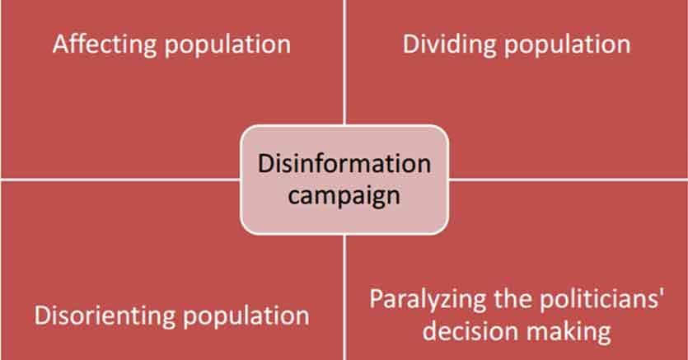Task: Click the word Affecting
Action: tap(105, 44)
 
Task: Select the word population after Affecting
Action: tap(227, 45)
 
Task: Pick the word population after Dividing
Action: tap(568, 45)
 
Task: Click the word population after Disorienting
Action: tap(246, 316)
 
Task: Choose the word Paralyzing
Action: tap(428, 300)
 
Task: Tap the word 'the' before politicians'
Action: tap(513, 298)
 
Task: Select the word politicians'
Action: tap(601, 298)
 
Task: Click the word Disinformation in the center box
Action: tap(344, 164)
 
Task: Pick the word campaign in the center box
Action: tap(344, 195)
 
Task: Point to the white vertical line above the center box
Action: tap(345, 63)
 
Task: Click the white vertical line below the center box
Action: tap(345, 297)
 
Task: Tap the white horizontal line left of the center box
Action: tap(120, 180)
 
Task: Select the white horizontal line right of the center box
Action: tap(569, 180)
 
